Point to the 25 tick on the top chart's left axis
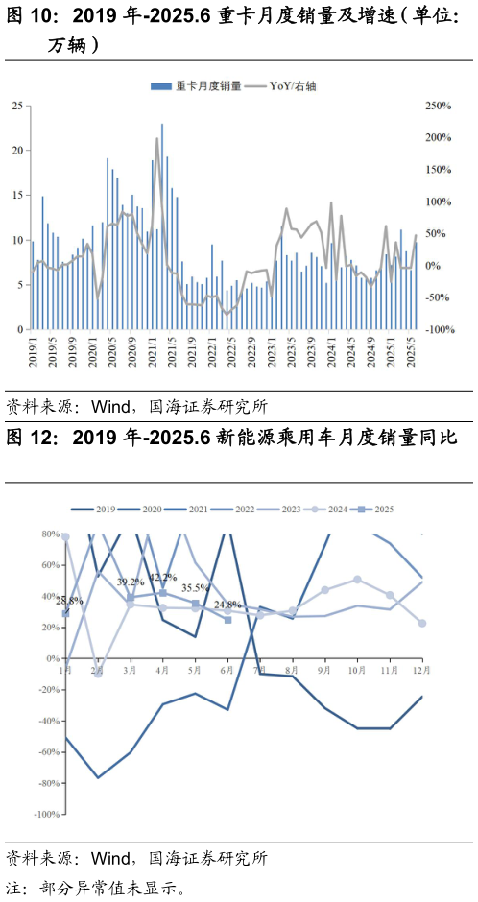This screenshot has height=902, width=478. [17, 106]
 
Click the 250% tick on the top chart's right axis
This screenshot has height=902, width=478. [439, 106]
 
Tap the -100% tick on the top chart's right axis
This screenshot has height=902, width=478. [439, 330]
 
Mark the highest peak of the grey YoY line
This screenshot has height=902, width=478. [157, 139]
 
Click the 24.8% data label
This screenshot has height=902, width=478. [228, 605]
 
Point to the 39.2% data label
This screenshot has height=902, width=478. [131, 582]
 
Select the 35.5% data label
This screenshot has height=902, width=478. [196, 588]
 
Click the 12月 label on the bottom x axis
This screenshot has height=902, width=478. [418, 668]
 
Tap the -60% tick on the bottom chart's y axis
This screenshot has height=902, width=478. [46, 752]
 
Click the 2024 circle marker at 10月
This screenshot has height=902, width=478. [357, 580]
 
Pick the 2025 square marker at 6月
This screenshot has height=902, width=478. [227, 620]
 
